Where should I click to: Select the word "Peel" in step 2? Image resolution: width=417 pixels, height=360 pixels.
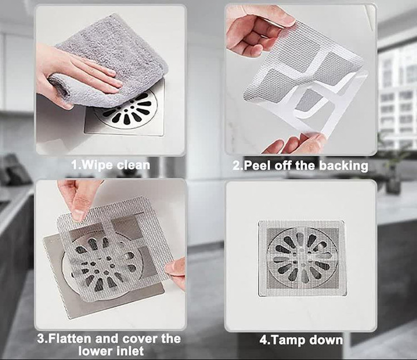(x=257, y=166)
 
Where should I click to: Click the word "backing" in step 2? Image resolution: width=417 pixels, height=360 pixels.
(x=344, y=166)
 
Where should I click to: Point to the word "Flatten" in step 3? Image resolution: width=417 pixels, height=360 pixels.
(x=70, y=339)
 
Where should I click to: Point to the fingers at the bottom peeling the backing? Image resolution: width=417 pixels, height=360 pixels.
(x=295, y=143)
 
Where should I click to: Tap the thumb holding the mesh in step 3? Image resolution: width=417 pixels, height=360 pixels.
(x=77, y=204)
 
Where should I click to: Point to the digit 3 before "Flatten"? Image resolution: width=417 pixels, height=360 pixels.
(x=41, y=339)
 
